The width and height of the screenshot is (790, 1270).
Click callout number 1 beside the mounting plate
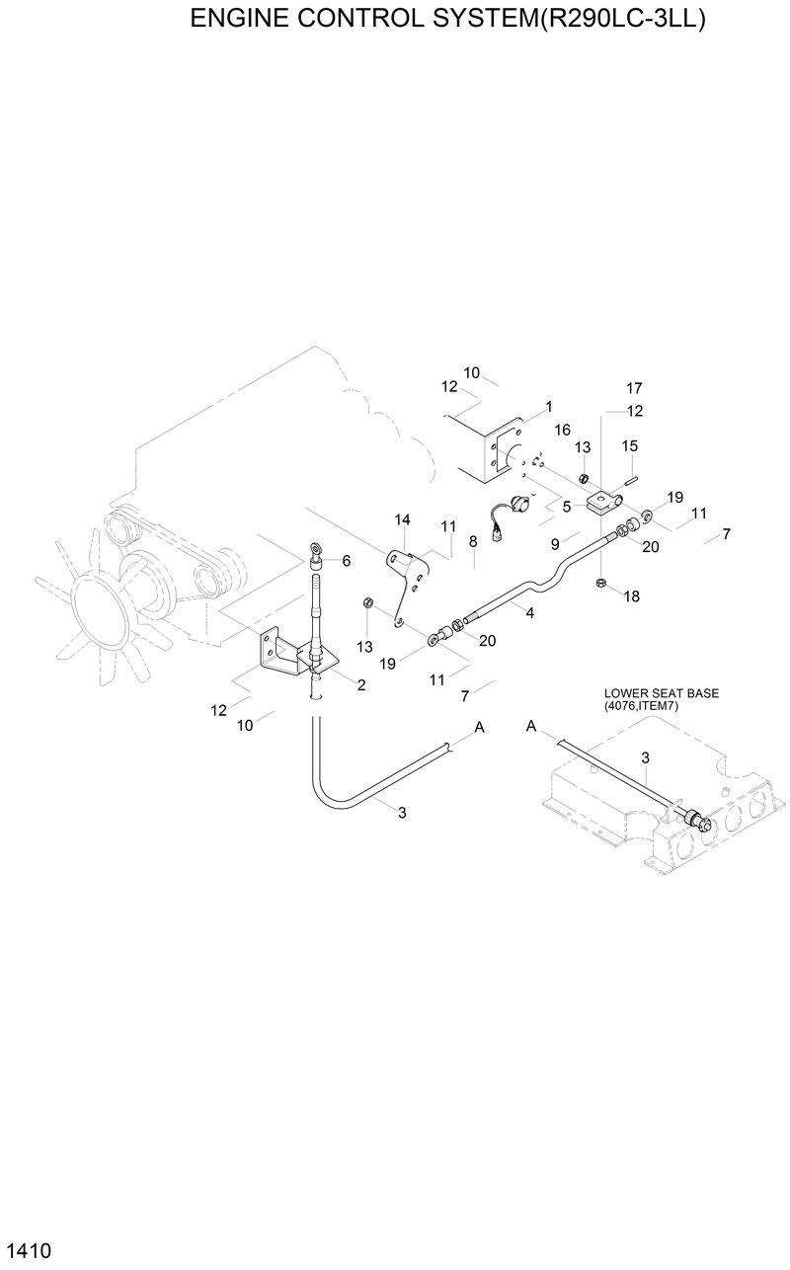(548, 406)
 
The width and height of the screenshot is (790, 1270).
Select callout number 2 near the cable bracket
(361, 684)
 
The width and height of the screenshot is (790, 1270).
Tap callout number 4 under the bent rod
(530, 613)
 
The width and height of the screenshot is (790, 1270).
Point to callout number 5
(567, 507)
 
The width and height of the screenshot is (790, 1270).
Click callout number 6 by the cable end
(346, 561)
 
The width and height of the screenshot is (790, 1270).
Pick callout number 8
(474, 540)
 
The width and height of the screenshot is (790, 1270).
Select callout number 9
(556, 543)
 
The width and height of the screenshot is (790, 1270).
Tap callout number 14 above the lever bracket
(402, 519)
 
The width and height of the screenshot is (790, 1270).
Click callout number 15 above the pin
(630, 446)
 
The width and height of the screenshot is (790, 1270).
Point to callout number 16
(563, 430)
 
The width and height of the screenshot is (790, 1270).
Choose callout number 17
(634, 387)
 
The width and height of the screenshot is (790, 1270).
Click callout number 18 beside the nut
(632, 595)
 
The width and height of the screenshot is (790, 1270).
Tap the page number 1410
(27, 1250)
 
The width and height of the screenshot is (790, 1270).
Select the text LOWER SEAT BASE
(661, 693)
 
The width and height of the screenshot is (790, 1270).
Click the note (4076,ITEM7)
(647, 707)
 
